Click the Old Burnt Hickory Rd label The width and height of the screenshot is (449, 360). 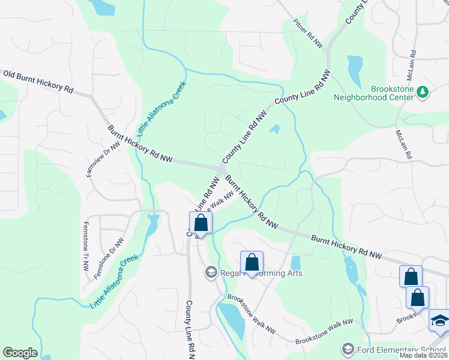pos(38,81)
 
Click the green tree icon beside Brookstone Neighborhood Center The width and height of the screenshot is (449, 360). pos(424,91)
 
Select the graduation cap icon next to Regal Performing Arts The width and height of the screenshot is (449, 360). pos(211,273)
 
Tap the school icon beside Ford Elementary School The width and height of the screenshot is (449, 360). pos(347,349)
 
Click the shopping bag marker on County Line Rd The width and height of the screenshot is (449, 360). pos(201,224)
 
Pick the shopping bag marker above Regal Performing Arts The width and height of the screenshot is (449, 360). pos(252,262)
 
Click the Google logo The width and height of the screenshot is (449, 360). pos(20,353)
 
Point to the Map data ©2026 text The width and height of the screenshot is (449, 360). pos(423,355)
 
